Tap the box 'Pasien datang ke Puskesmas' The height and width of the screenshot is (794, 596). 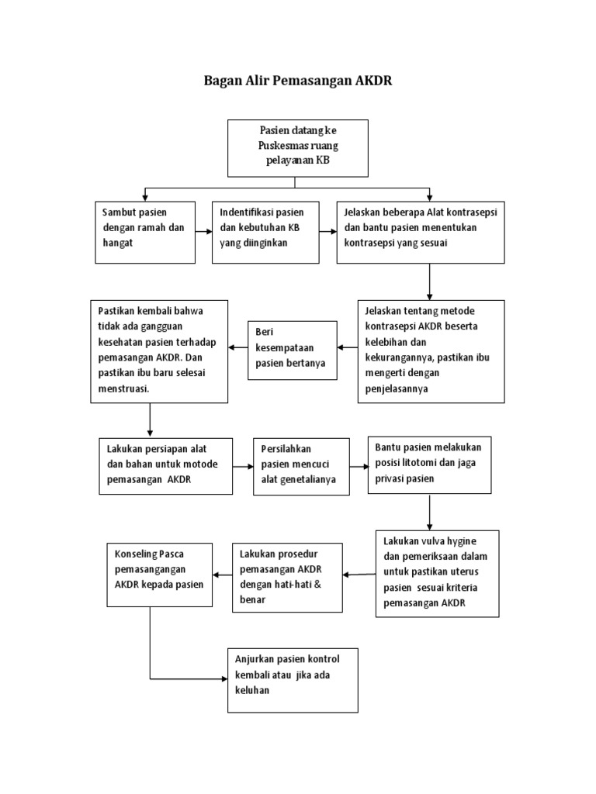point(298,148)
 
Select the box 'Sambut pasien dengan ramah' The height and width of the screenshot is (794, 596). point(145,233)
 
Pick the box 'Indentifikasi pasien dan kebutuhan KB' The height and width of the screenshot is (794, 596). point(265,233)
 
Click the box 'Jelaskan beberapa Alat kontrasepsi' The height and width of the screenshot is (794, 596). point(421,233)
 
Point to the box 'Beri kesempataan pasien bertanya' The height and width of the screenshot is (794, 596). point(293,350)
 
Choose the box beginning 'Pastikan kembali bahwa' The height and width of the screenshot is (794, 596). point(159,351)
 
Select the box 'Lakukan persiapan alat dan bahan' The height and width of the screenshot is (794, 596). point(166,466)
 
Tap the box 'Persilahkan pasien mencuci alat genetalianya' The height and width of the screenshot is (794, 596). point(302,466)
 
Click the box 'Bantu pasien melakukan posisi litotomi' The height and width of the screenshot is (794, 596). point(430,465)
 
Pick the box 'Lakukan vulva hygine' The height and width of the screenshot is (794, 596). point(438,574)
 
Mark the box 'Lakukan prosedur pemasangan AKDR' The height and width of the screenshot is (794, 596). point(287,578)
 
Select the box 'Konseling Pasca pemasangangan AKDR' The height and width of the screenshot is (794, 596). point(160,575)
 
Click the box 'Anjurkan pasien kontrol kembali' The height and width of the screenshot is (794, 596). point(293,681)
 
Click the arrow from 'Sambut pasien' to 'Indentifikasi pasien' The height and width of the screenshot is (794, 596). point(204,232)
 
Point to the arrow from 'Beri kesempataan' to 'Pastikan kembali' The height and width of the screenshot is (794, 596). point(238,347)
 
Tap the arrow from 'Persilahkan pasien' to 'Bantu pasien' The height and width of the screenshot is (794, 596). point(359,466)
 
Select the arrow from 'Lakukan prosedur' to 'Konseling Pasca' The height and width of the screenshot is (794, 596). point(223,575)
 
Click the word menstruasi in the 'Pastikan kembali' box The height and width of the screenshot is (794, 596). point(123,389)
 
